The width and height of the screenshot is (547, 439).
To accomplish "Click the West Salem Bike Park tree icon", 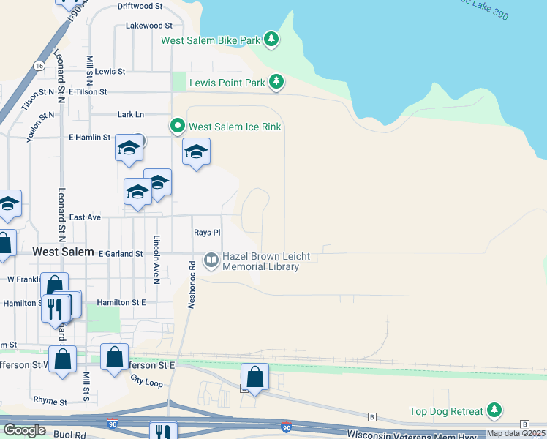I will click(x=271, y=39).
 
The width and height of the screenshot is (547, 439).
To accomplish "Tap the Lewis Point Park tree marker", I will click(x=276, y=82).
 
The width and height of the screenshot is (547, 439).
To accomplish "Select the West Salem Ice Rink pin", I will click(x=177, y=127).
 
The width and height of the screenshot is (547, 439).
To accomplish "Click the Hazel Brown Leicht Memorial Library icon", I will click(x=211, y=260).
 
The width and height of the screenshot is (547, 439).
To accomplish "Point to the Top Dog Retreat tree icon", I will click(x=495, y=410).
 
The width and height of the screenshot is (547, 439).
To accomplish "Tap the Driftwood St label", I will click(x=140, y=6).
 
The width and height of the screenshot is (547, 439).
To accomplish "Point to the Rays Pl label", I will click(x=207, y=233).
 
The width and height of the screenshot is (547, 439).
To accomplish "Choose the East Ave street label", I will click(x=85, y=217).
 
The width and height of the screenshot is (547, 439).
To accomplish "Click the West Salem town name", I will click(x=64, y=252).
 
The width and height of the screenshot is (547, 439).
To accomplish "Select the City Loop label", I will click(x=146, y=380).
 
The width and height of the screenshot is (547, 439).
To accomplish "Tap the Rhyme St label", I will click(x=50, y=401).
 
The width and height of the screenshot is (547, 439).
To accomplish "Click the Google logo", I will click(x=25, y=430).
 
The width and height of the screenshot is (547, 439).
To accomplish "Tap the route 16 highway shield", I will click(x=38, y=66).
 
